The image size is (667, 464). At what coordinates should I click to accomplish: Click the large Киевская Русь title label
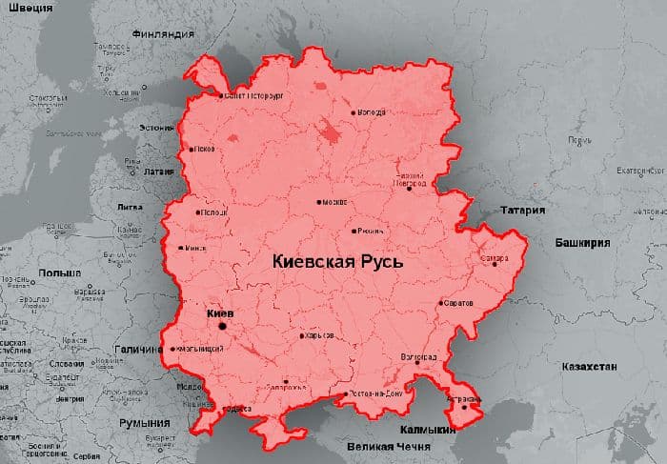(x=337, y=260)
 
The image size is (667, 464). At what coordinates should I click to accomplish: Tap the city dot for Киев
(x=223, y=326)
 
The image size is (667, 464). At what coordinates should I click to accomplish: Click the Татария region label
(x=521, y=211)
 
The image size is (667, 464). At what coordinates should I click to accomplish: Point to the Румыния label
(x=144, y=422)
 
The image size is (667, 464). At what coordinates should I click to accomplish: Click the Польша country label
(x=60, y=272)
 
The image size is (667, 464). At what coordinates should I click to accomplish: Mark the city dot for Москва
(x=319, y=202)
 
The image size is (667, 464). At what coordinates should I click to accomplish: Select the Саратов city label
(x=457, y=303)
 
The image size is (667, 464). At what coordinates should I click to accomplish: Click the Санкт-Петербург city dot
(x=221, y=96)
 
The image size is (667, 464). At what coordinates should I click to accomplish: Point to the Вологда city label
(x=372, y=112)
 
